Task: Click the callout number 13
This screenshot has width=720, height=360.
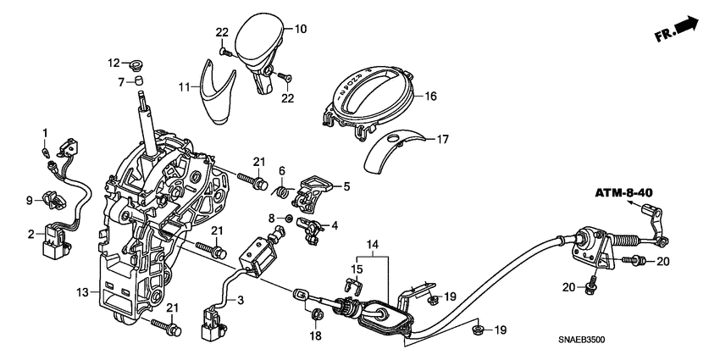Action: pos(83,291)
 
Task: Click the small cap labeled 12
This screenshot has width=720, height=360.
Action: pos(135,64)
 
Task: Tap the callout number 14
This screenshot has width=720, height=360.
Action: pos(372,245)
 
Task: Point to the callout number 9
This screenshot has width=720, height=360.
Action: pos(30,200)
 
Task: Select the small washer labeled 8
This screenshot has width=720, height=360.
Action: pos(290,218)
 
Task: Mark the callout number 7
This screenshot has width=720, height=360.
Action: pos(122,81)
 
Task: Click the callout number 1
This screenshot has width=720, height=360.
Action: pos(45,131)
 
